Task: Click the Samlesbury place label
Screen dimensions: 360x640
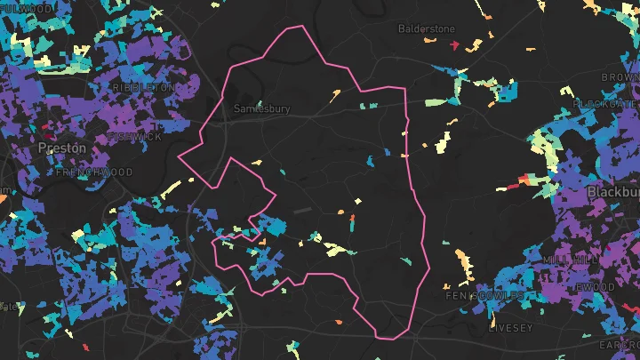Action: point(262,109)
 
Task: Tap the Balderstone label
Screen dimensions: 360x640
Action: point(426,28)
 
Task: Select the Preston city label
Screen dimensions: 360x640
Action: point(61,148)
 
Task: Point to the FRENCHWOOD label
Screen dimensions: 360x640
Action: point(94,172)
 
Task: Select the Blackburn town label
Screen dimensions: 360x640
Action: point(613,192)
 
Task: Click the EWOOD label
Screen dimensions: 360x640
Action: point(595,287)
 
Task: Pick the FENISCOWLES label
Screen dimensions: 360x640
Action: point(480,295)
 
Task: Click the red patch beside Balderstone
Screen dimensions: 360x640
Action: point(454,44)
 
